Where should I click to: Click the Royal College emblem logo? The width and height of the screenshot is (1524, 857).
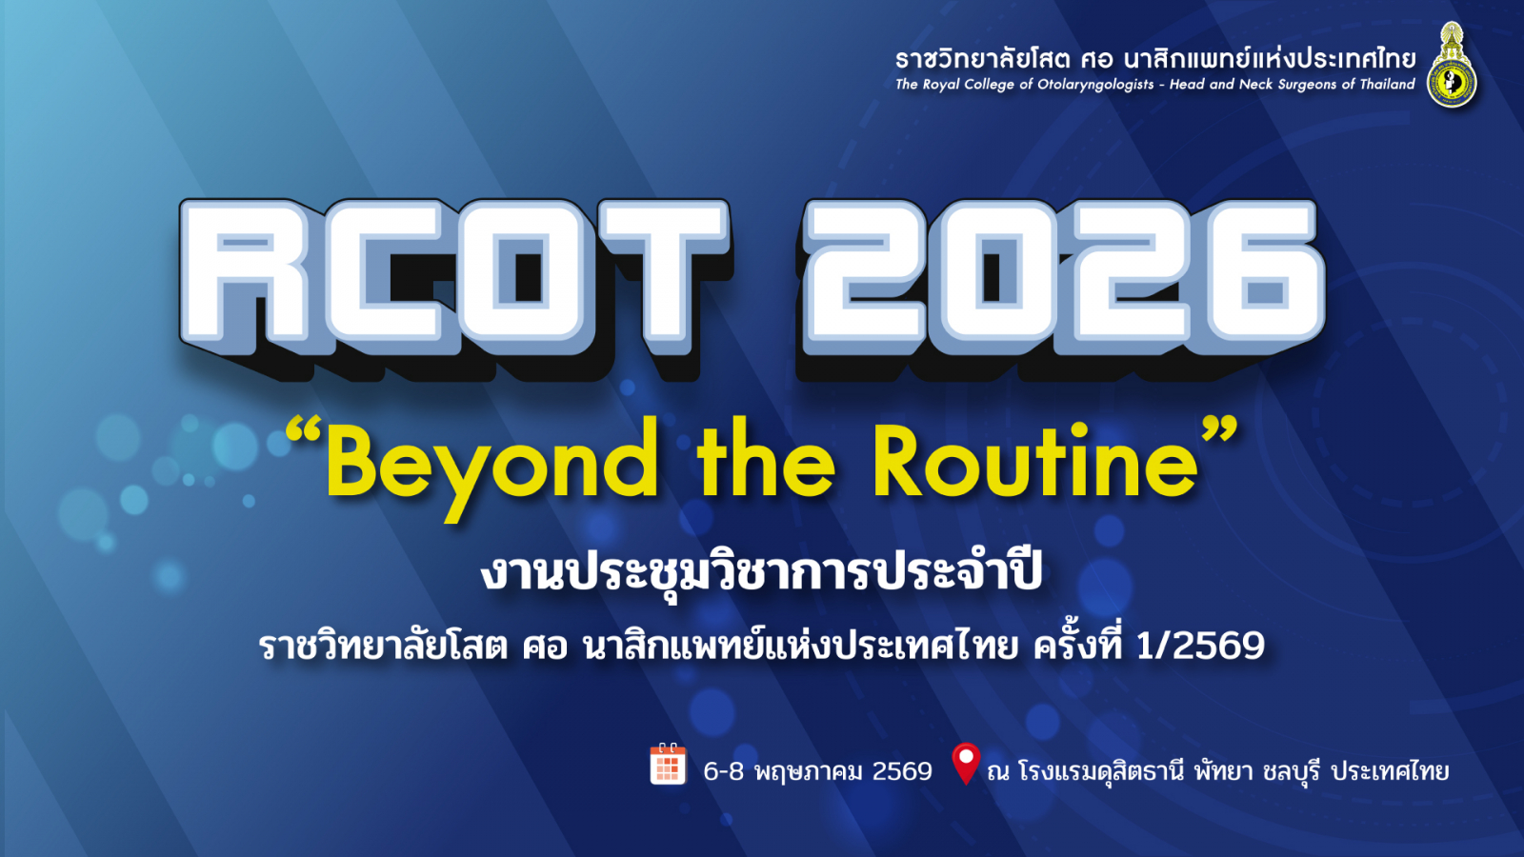(1452, 65)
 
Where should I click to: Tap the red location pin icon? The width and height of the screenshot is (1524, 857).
(966, 763)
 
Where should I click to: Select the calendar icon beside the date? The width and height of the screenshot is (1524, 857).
(668, 764)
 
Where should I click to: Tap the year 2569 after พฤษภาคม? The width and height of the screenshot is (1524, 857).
(902, 771)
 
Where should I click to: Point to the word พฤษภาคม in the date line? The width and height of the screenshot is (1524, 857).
(809, 772)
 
